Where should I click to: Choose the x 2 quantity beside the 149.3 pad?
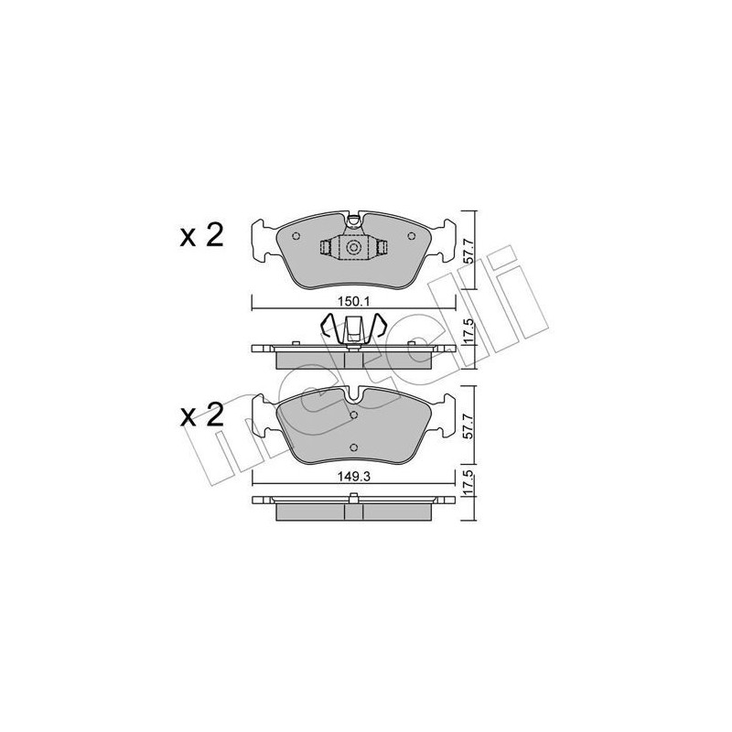pyautogui.click(x=201, y=416)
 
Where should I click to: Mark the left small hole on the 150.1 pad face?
pyautogui.click(x=295, y=236)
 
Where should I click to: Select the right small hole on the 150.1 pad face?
pyautogui.click(x=412, y=236)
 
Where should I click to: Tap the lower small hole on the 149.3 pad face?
pyautogui.click(x=353, y=447)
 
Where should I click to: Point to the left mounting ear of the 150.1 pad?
pyautogui.click(x=263, y=238)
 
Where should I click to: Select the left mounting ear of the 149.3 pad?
pyautogui.click(x=264, y=414)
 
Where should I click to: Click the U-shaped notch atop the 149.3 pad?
pyautogui.click(x=353, y=394)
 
